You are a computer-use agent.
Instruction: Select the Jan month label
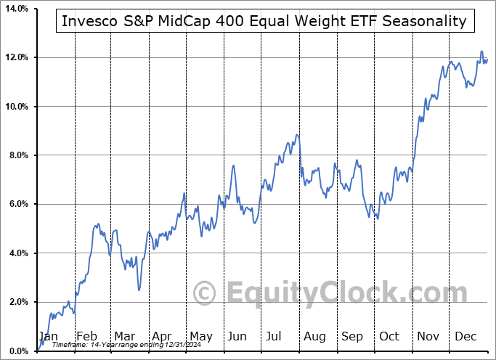point(48,336)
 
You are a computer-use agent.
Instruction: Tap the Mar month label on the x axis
point(123,336)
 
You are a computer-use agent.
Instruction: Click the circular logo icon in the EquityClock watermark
point(206,294)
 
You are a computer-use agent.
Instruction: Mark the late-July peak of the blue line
point(297,135)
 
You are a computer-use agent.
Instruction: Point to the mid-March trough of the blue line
point(139,290)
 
